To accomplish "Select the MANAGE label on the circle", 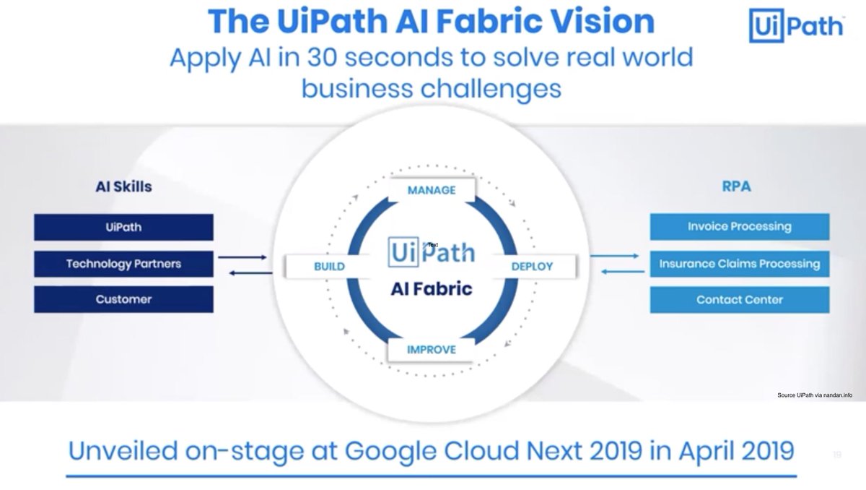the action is tap(432, 190).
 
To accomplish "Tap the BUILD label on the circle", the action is tap(329, 266).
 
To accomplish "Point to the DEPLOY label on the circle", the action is tap(532, 266).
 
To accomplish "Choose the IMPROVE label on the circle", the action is tap(432, 350).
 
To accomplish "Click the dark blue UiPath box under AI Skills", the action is tap(123, 227).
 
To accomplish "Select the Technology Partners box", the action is tap(123, 263).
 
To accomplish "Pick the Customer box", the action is tap(123, 299).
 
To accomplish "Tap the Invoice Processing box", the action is tap(739, 227).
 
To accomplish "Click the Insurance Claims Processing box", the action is tap(739, 263).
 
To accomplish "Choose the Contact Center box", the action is tap(739, 299).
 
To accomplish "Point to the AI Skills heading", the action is tap(123, 186).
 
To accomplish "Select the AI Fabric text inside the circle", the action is tap(432, 289).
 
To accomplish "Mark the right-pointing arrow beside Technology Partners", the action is tap(242, 257).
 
